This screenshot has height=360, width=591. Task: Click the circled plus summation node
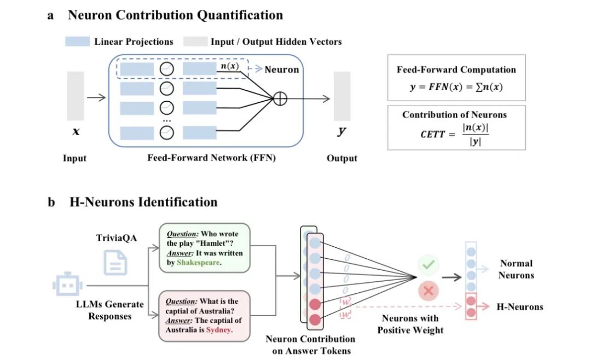tap(280, 99)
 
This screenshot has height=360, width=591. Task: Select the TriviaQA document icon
tap(116, 263)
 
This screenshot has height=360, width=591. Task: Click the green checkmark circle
tap(428, 265)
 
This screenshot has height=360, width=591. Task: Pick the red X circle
tap(428, 291)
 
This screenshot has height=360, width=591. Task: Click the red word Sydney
tap(219, 330)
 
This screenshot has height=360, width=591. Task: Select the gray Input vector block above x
tap(76, 96)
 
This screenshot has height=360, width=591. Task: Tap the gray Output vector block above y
tap(342, 96)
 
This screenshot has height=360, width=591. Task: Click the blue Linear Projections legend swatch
tap(77, 42)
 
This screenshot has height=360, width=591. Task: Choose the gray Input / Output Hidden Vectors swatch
tap(195, 42)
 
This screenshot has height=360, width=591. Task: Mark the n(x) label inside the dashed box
tap(229, 67)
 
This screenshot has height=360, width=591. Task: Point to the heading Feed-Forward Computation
tap(456, 69)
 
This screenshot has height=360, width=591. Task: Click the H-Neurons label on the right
tap(519, 306)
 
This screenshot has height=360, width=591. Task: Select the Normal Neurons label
tap(515, 269)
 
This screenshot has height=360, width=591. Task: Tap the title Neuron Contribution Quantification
tap(175, 15)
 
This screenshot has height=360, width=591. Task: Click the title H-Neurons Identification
tap(143, 202)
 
